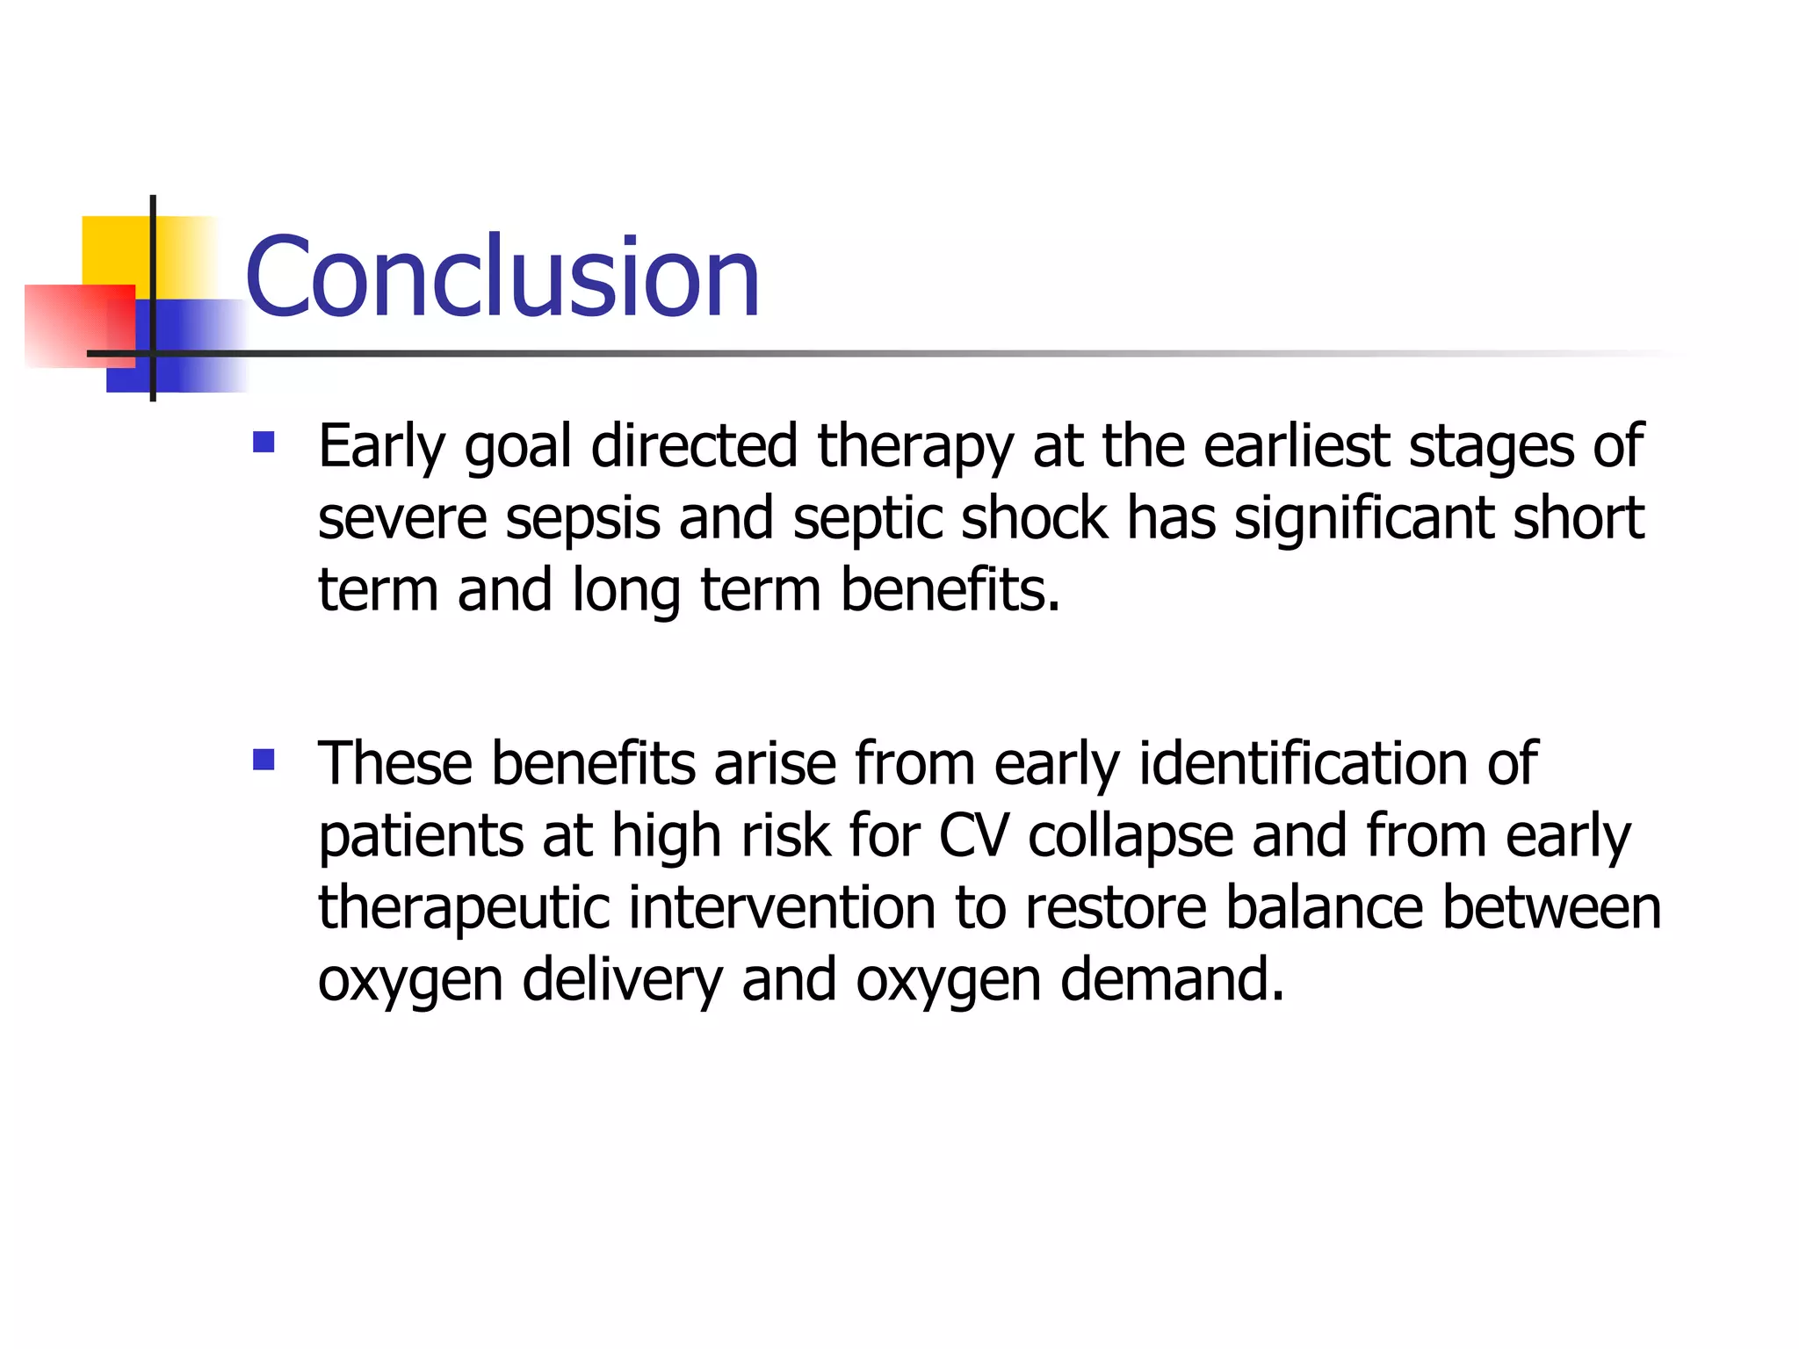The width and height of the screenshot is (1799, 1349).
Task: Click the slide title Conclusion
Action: [x=502, y=277]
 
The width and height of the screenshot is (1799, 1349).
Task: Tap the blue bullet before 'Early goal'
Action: [x=264, y=441]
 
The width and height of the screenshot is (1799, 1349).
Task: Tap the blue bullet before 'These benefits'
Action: [x=264, y=759]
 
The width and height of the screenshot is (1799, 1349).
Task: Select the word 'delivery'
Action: [x=622, y=981]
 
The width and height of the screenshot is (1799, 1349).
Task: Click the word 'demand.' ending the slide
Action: [x=1173, y=979]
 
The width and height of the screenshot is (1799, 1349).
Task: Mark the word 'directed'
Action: [x=694, y=446]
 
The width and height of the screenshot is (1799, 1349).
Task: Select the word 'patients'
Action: [x=421, y=837]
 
